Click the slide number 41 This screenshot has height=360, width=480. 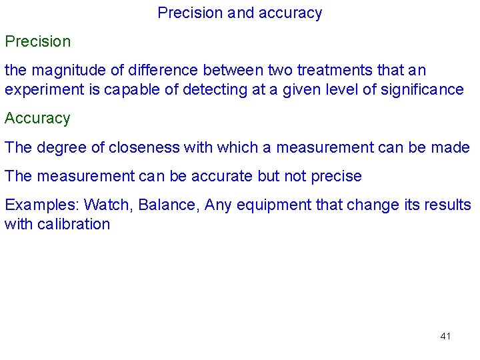pyautogui.click(x=445, y=336)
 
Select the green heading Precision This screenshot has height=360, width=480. pyautogui.click(x=38, y=41)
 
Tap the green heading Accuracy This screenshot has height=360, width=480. pyautogui.click(x=37, y=119)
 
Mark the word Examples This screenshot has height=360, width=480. pyautogui.click(x=41, y=205)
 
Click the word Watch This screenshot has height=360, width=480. pyautogui.click(x=109, y=205)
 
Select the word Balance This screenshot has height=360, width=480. pyautogui.click(x=168, y=205)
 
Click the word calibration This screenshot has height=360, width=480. pyautogui.click(x=74, y=224)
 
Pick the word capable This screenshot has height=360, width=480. pyautogui.click(x=126, y=89)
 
